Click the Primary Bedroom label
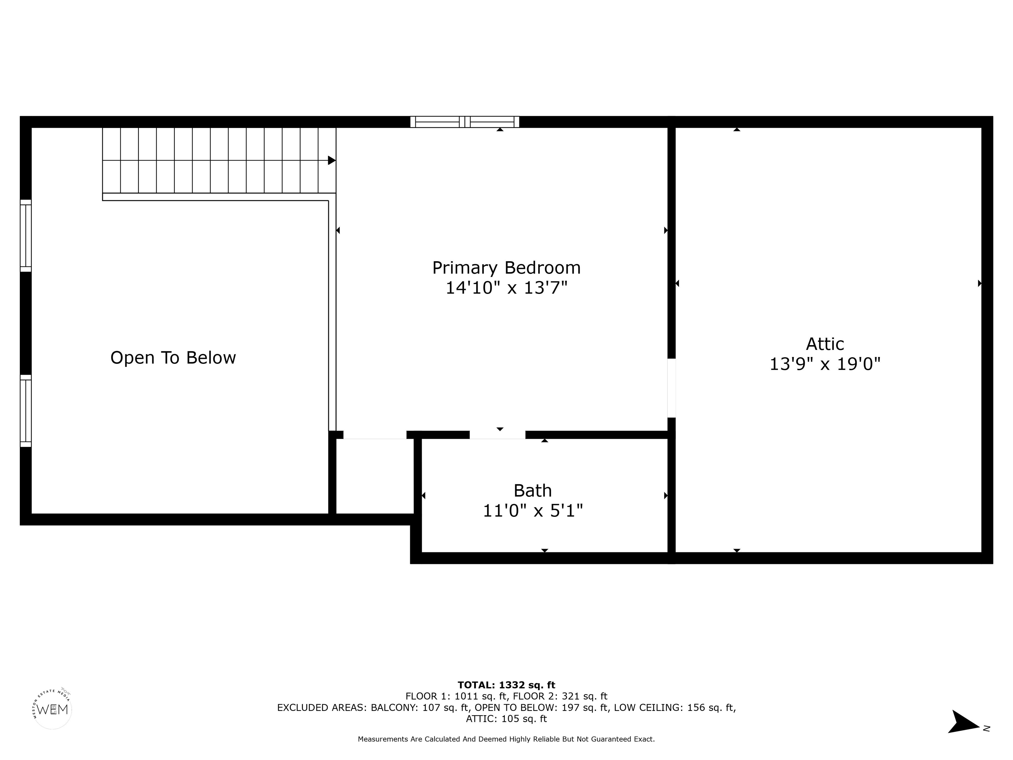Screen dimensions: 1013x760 pos(506,268)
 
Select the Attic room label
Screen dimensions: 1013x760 pos(825,344)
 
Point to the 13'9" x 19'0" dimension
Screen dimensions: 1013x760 pos(825,364)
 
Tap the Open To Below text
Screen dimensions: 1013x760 pos(173,358)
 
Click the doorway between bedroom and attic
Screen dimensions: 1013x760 pos(671,388)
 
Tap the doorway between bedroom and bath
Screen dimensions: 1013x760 pos(497,435)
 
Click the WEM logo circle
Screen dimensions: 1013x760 pos(53,710)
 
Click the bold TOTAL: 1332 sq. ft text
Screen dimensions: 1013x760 pos(506,685)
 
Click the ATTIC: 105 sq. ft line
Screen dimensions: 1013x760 pos(506,719)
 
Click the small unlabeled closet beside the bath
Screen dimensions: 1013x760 pos(375,476)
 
